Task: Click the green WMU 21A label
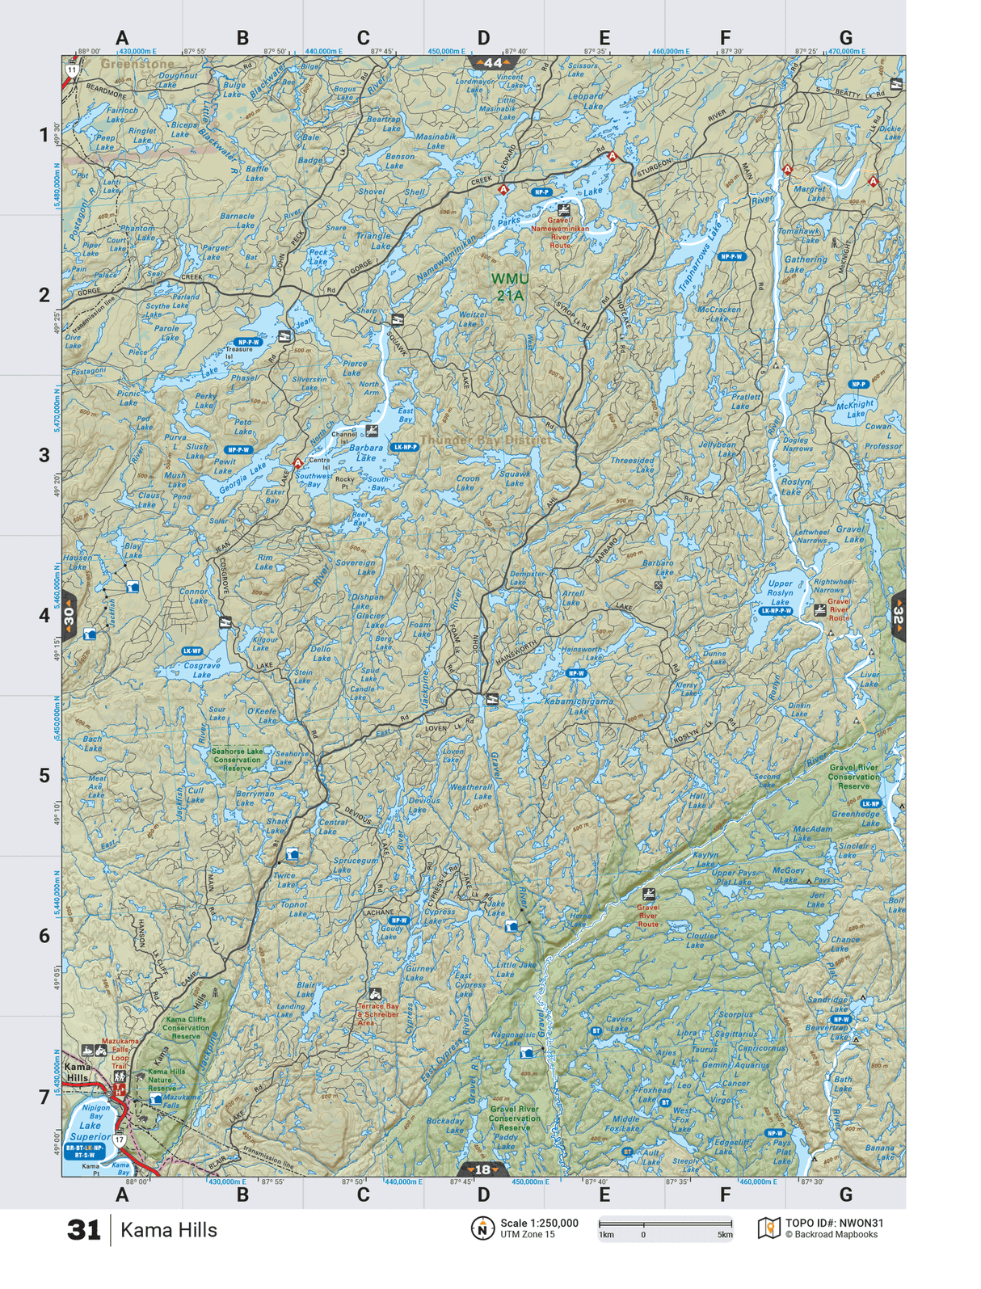pos(510,287)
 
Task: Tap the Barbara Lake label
pos(366,453)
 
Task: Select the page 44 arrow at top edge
pos(492,62)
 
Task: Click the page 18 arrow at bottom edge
pos(482,1169)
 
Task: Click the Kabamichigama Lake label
pos(578,706)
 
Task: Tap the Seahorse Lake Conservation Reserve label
pos(237,759)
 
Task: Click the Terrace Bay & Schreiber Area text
pos(378,1014)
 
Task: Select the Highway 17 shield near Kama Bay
pos(120,1140)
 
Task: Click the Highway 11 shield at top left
pos(73,70)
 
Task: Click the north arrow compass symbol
pos(482,1228)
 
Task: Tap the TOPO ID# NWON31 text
pos(834,1223)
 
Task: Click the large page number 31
pos(84,1230)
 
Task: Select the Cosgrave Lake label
pos(201,670)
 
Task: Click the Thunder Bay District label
pos(485,440)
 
